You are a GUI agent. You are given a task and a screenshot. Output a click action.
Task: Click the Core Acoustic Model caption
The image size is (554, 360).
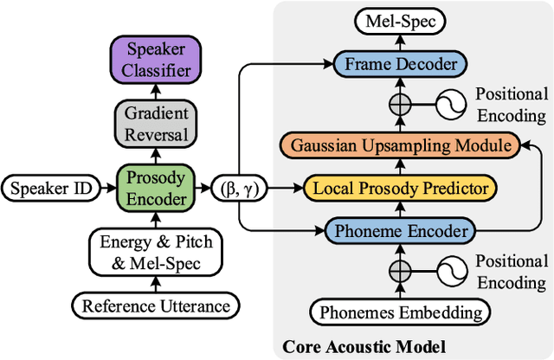click(x=363, y=346)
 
